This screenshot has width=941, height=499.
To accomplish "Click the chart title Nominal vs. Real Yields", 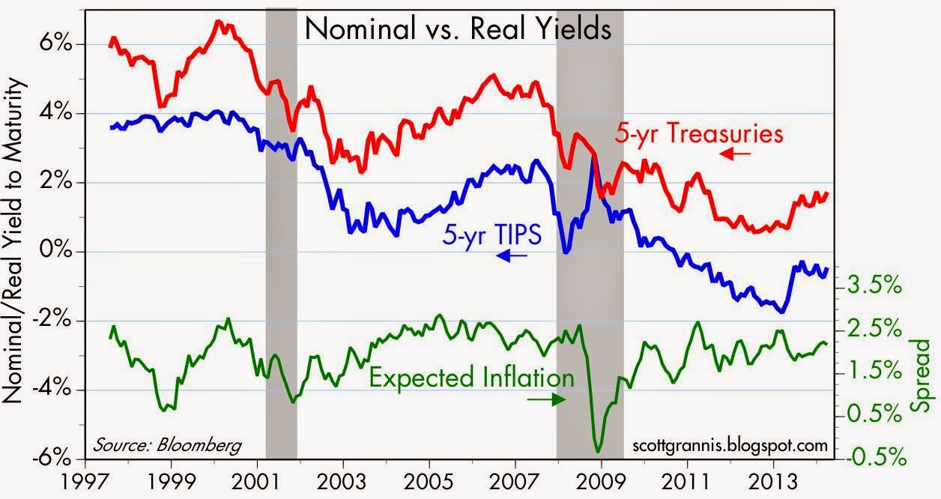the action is (x=458, y=29).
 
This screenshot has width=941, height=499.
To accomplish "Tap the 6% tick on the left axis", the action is (x=55, y=43).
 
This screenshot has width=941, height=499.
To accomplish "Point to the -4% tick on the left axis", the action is (x=51, y=390).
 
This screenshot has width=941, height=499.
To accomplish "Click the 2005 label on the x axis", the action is (x=429, y=481).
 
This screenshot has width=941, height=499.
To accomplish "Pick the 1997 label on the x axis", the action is (x=86, y=481).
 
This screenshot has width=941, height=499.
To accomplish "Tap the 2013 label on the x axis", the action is (x=773, y=481).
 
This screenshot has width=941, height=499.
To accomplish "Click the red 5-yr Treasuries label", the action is (x=699, y=133).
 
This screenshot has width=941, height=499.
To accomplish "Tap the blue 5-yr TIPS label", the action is (x=492, y=235).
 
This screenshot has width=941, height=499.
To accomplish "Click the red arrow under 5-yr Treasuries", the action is (x=735, y=154).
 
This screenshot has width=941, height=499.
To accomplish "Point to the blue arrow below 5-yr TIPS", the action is (x=512, y=255).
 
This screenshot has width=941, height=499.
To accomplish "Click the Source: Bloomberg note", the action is (x=167, y=445).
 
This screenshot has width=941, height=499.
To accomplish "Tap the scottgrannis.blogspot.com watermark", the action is (x=730, y=445).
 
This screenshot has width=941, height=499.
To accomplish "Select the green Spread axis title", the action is (x=923, y=375).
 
